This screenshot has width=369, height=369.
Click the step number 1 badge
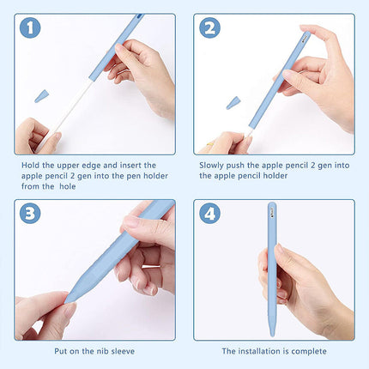point(30,27)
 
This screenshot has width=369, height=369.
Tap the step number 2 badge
point(209,27)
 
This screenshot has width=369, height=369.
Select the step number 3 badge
point(30,214)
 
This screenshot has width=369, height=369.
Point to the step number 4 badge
point(209,214)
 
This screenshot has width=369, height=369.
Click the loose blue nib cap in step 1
point(42,96)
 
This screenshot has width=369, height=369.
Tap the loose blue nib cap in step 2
point(233,103)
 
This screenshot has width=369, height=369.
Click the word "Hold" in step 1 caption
point(31,166)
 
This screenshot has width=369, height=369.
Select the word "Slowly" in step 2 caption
point(212,166)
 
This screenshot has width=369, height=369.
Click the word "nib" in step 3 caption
point(102,351)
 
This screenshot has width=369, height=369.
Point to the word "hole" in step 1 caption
point(68,186)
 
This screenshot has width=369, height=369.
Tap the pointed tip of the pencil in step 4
point(272,336)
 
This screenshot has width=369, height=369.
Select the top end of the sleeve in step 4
point(272,203)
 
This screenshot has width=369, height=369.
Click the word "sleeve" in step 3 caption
point(123,351)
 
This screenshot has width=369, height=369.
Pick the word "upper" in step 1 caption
point(69,166)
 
